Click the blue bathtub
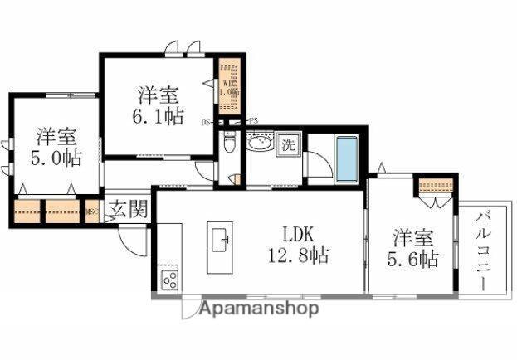click(x=347, y=158)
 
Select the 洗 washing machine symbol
click(x=288, y=144)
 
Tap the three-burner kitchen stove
click(x=169, y=280)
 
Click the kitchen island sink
click(x=222, y=241)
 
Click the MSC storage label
click(x=93, y=212)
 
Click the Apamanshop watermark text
click(x=249, y=309)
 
